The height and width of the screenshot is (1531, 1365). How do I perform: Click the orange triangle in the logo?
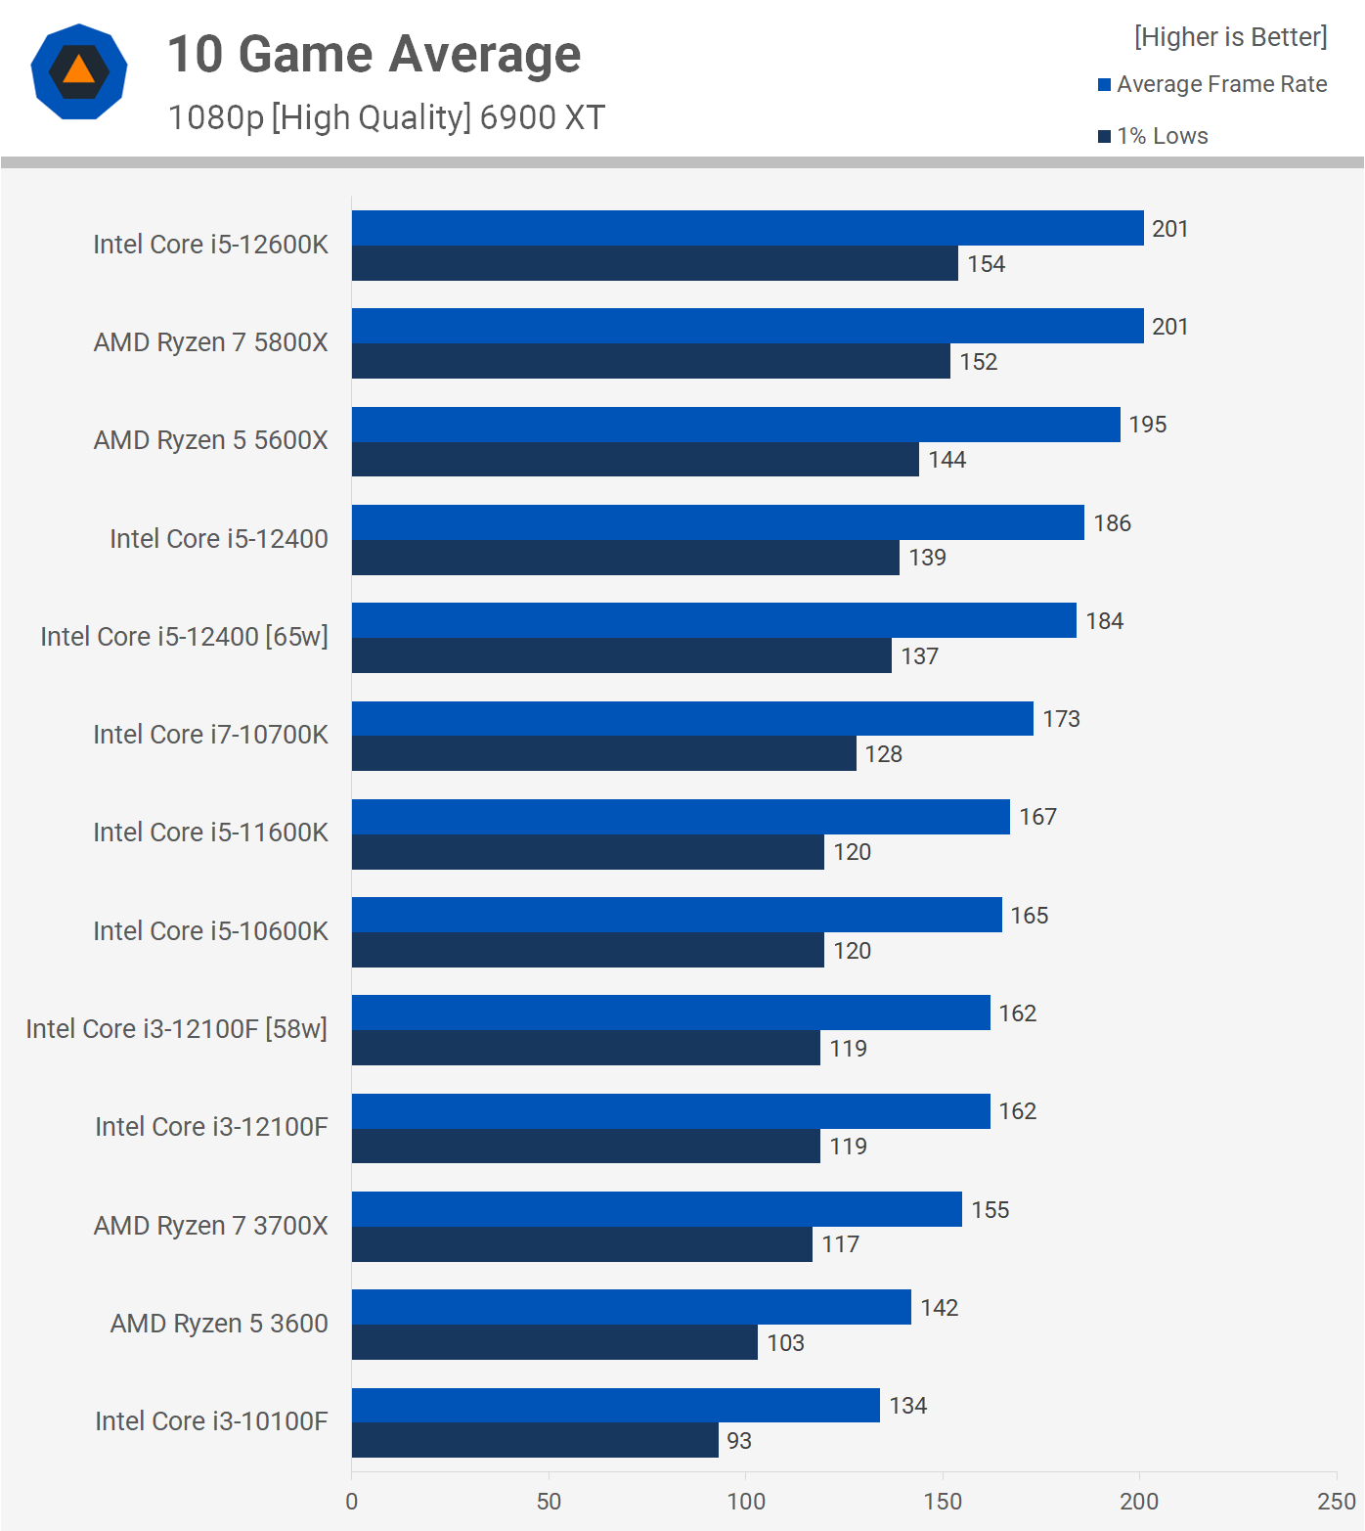point(78,70)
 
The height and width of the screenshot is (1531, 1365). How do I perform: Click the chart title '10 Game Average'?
point(374,54)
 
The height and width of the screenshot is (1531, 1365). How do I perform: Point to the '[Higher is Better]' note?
point(1230,37)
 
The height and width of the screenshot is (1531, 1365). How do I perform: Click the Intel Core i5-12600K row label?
point(210,245)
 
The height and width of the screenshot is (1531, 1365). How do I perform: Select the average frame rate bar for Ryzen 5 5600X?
point(735,425)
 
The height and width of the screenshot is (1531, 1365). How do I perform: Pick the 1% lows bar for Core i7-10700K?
point(603,753)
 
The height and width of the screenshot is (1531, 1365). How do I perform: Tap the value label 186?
point(1112,523)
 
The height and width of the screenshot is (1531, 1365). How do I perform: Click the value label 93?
point(739,1441)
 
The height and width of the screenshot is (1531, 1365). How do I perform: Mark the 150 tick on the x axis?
point(943,1502)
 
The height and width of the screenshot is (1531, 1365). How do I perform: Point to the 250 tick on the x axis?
point(1336,1502)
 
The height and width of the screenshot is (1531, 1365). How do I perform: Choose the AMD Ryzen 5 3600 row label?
point(219,1324)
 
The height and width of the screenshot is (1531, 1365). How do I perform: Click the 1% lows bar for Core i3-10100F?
point(535,1440)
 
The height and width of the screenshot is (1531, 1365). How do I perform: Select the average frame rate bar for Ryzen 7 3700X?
point(656,1209)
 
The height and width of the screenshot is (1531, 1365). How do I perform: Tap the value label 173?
point(1061,719)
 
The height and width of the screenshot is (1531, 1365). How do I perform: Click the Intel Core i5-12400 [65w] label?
point(184,637)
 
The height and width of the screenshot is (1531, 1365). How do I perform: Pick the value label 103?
point(785,1343)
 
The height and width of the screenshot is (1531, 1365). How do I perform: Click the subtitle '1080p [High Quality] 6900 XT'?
point(386,117)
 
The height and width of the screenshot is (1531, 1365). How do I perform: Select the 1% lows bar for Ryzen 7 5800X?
point(650,361)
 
